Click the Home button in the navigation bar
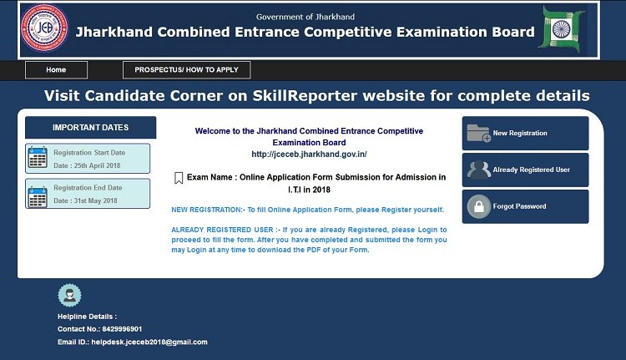(56, 70)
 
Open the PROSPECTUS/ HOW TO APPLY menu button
(186, 70)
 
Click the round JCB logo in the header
(44, 28)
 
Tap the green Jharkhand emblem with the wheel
(562, 29)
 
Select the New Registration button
(525, 133)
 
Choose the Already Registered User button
(525, 170)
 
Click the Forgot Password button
(525, 206)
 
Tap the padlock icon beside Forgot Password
(479, 206)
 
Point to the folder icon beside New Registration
(479, 133)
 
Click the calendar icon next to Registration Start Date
(38, 157)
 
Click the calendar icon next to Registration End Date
(38, 197)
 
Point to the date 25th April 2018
(97, 165)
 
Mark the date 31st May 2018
(95, 200)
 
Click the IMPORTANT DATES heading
(91, 128)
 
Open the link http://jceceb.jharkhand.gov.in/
(309, 155)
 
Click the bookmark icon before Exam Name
(179, 178)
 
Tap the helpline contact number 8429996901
(122, 329)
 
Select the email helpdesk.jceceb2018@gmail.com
(149, 342)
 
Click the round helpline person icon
(69, 296)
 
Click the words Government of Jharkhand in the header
(305, 17)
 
